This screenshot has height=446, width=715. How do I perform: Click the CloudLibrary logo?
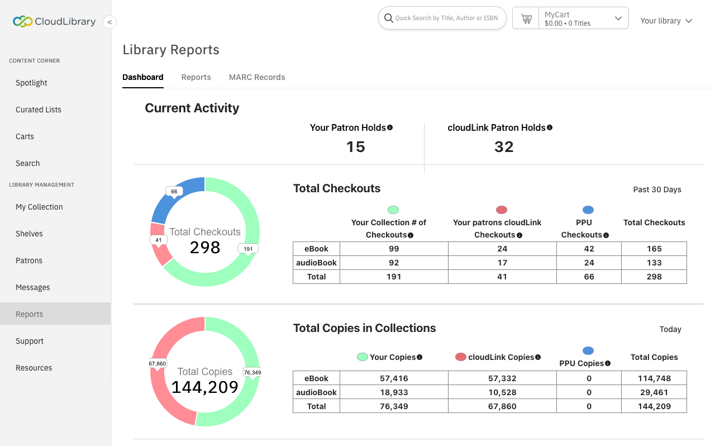tap(54, 22)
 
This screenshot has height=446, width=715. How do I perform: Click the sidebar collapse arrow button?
tap(110, 22)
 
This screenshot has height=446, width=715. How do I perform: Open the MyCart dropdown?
tap(618, 18)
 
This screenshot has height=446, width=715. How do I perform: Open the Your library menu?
tap(666, 21)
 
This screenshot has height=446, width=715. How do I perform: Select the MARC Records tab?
tap(257, 77)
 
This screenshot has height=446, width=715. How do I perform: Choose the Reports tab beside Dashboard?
tap(196, 77)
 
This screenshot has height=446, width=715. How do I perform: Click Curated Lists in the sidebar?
tap(39, 110)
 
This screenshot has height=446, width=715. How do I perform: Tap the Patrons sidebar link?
tap(29, 260)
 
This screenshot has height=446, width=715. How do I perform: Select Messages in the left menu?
tap(33, 287)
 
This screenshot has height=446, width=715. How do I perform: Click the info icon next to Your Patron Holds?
tap(390, 127)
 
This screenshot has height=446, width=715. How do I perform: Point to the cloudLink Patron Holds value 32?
tap(503, 146)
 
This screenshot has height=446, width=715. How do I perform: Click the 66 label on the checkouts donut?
tap(174, 191)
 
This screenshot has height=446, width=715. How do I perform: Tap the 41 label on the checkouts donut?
tap(159, 240)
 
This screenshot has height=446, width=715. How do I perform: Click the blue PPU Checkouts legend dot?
tap(588, 210)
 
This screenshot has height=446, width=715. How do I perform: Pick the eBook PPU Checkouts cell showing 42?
tap(589, 249)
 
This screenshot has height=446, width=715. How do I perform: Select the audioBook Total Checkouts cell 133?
tap(654, 263)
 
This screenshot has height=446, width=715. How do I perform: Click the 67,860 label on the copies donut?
tap(158, 363)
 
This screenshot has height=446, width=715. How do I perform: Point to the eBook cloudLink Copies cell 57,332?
tap(502, 378)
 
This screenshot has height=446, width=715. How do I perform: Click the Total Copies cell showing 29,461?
tap(654, 392)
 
